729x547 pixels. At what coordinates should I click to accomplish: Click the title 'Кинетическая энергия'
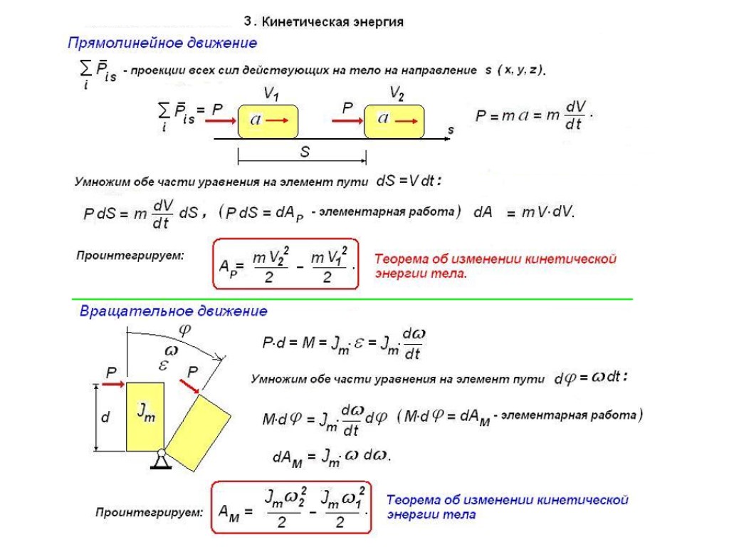333,22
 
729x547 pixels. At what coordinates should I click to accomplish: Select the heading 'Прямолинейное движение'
162,43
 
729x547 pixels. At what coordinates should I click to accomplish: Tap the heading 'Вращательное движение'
173,311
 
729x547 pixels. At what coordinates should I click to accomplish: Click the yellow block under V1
268,122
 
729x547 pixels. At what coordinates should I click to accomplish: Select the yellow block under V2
394,121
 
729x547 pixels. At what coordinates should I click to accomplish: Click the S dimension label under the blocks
305,152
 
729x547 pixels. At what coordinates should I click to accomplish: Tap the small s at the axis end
451,130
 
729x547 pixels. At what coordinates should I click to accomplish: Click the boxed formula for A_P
285,264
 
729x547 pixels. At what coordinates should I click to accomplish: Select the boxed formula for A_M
291,507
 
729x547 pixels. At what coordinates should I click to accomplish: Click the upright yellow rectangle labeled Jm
145,416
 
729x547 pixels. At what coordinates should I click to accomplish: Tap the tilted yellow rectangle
199,430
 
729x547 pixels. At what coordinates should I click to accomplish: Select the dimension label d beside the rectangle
105,418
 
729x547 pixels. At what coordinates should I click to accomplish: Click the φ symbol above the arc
185,330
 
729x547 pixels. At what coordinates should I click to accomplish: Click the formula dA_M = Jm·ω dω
332,457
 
